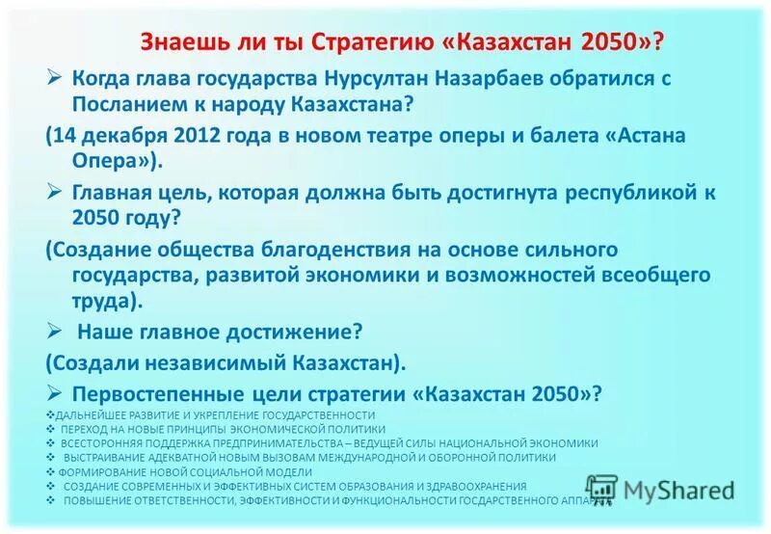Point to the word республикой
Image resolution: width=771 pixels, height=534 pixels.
(x=625, y=192)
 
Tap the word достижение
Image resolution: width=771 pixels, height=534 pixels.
(x=296, y=333)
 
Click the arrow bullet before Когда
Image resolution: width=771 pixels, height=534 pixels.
(x=55, y=77)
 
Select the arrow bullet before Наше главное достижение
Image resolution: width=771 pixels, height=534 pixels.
(x=55, y=331)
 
